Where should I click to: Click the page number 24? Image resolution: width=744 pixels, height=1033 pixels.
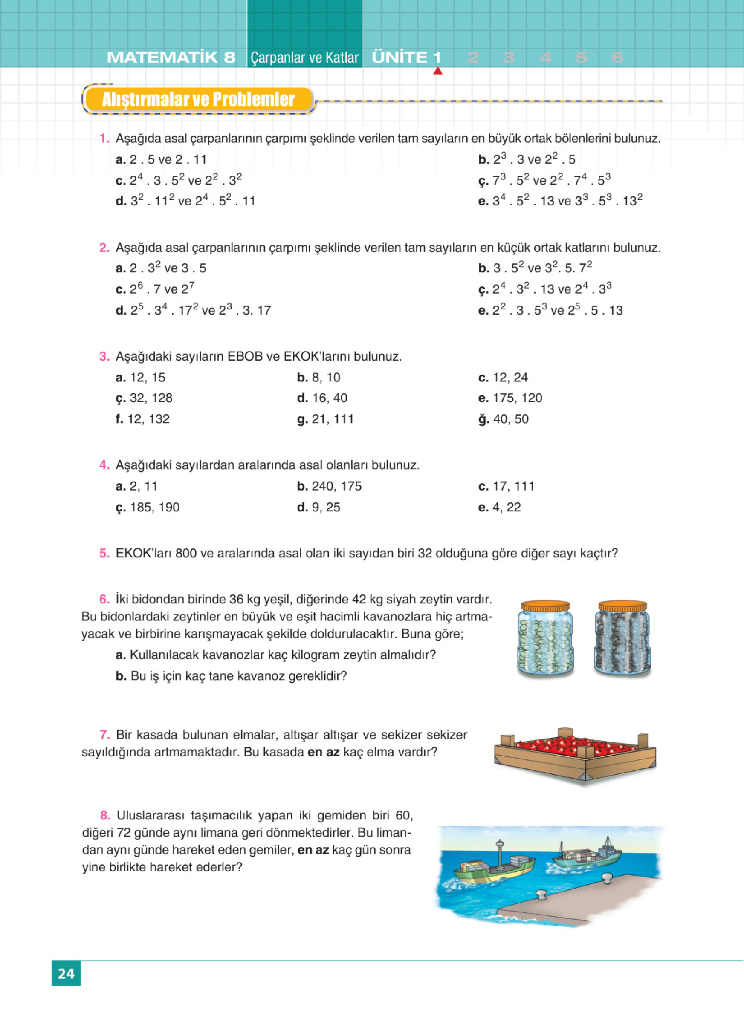(66, 973)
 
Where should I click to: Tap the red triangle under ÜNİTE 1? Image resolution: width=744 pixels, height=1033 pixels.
(438, 71)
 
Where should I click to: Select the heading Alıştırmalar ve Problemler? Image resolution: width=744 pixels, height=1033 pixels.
(198, 99)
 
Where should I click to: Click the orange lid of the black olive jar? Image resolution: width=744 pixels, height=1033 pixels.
(622, 606)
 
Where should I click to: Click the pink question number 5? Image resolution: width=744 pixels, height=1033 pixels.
(104, 554)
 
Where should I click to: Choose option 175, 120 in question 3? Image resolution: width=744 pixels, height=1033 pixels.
(517, 398)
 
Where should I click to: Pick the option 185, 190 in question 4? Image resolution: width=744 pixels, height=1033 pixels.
(154, 508)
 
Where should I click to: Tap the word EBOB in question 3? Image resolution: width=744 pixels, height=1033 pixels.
(245, 356)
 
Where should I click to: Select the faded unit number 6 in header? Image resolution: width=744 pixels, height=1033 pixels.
(617, 58)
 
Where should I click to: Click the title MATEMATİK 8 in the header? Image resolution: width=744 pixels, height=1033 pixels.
(171, 58)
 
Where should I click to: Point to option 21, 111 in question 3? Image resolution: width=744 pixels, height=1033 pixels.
(333, 419)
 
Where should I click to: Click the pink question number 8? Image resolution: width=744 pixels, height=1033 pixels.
(105, 815)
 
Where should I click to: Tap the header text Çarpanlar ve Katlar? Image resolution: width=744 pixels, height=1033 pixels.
(305, 58)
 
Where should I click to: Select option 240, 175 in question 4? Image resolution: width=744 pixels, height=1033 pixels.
(336, 486)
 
